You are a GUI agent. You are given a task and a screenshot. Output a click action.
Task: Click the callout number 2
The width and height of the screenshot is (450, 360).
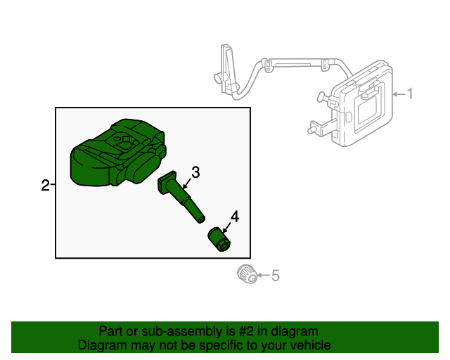pyautogui.click(x=45, y=186)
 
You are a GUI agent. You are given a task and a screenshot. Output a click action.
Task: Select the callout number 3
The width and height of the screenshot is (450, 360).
pyautogui.click(x=195, y=171)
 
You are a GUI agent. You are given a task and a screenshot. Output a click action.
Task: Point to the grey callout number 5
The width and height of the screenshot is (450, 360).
pyautogui.click(x=275, y=276)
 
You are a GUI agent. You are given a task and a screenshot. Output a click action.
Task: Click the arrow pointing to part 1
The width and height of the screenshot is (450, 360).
pyautogui.click(x=398, y=94)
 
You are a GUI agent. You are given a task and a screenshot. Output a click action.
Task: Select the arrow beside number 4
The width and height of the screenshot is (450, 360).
pyautogui.click(x=226, y=226)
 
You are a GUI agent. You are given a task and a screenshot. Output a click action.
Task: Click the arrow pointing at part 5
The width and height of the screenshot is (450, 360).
pyautogui.click(x=262, y=276)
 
